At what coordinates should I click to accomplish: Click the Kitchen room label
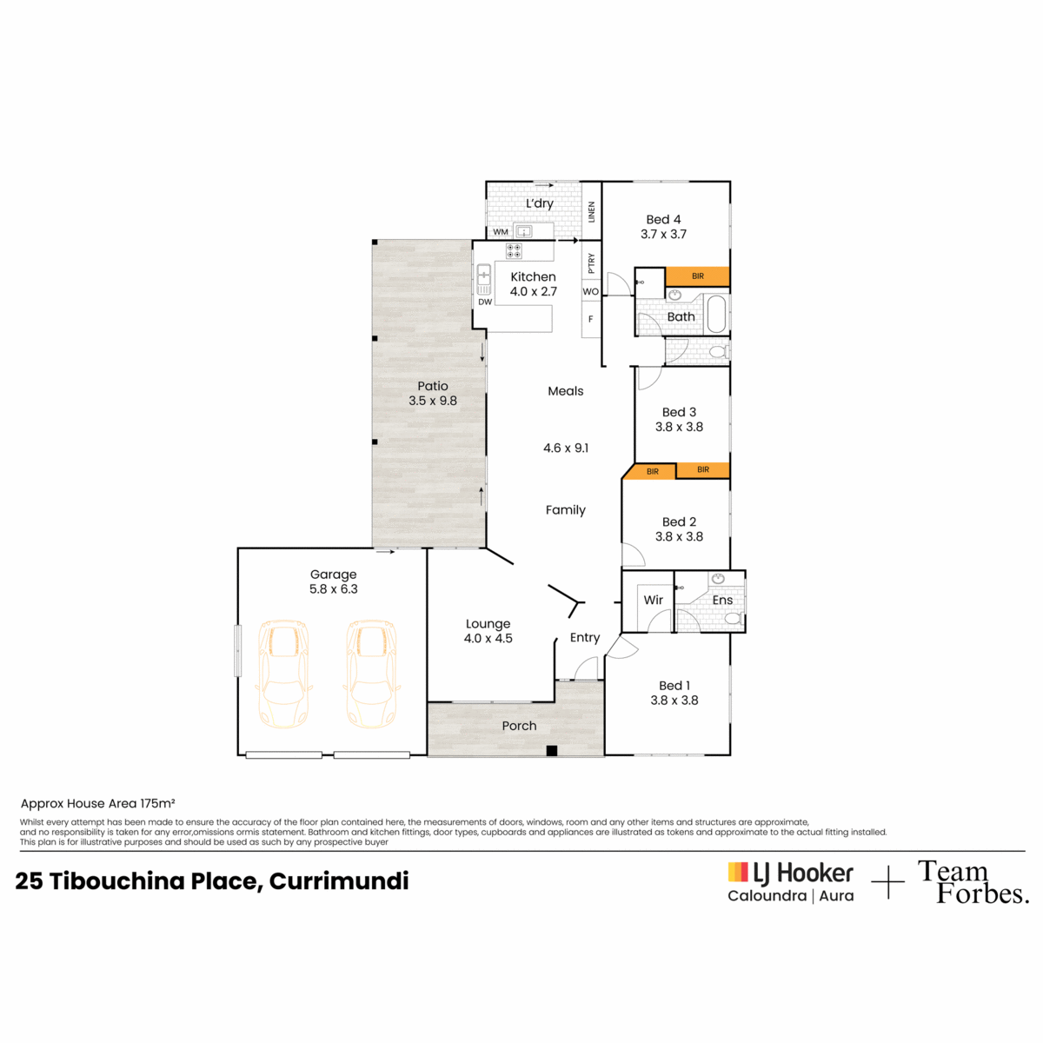click(533, 276)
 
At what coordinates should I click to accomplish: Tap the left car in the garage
click(283, 674)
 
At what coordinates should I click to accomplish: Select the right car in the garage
click(371, 674)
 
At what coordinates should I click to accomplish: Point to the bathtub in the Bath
click(716, 314)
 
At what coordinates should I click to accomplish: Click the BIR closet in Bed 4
click(697, 276)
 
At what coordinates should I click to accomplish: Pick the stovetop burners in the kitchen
click(514, 251)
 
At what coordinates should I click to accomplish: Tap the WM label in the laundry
click(500, 232)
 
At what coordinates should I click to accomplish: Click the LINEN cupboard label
click(591, 211)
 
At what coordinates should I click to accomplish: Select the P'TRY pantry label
click(591, 263)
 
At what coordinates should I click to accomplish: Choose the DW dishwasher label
click(485, 302)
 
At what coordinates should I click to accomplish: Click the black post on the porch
click(551, 751)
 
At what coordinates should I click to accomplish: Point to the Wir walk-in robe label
click(653, 600)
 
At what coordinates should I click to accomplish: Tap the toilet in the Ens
click(734, 618)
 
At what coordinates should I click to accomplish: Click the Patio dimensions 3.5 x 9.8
click(433, 401)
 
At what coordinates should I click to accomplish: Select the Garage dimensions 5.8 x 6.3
click(334, 589)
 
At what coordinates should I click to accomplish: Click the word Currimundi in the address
click(339, 880)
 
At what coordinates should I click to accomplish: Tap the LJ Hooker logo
click(790, 882)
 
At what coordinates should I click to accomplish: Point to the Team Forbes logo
click(973, 882)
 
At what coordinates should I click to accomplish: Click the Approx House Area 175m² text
click(97, 803)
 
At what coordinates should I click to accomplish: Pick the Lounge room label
click(488, 623)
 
